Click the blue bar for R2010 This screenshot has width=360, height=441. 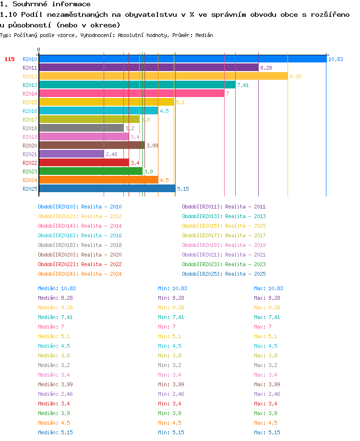[183, 59]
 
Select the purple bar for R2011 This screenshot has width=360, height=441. [149, 68]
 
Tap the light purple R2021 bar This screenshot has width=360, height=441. [72, 154]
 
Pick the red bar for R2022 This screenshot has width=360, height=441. [84, 162]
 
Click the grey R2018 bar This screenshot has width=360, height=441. [81, 128]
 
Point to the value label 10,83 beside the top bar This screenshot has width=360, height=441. [336, 59]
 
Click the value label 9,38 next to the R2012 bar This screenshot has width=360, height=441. [295, 76]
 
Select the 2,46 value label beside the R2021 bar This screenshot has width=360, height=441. [111, 154]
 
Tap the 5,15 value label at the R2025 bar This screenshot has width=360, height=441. [183, 189]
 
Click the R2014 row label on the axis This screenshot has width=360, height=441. [30, 94]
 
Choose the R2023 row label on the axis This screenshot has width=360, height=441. [30, 171]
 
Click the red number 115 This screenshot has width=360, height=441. [10, 59]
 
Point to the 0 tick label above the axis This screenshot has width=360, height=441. [38, 49]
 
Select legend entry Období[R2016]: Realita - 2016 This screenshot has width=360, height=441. [80, 235]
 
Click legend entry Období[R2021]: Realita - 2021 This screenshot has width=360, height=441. [224, 255]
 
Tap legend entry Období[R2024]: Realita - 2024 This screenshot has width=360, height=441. [80, 274]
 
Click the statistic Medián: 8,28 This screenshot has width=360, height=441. [55, 298]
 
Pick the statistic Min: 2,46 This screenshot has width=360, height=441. [169, 394]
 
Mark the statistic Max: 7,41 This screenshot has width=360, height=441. [267, 317]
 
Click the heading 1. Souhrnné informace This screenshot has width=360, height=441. [45, 4]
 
